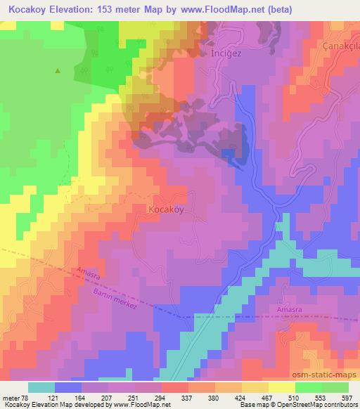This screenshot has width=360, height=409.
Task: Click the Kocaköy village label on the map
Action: click(x=167, y=209)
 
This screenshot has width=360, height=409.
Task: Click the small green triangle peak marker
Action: click(x=58, y=70)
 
